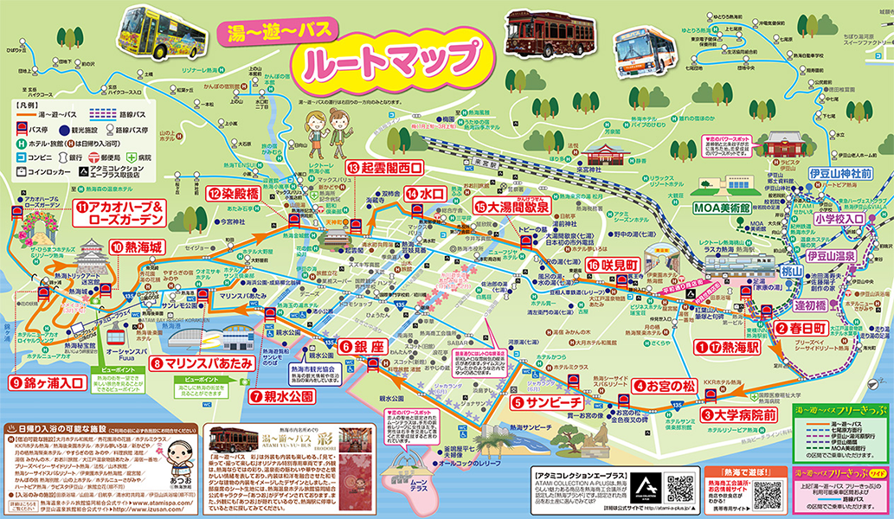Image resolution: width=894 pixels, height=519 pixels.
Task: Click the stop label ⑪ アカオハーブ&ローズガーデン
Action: (x=119, y=213)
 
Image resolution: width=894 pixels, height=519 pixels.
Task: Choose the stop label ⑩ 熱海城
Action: (x=136, y=247)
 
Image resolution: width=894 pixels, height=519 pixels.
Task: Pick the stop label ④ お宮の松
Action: (x=664, y=386)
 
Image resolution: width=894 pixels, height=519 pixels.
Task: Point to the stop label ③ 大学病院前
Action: (x=739, y=414)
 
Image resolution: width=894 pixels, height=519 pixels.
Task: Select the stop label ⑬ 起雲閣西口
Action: (x=385, y=167)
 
